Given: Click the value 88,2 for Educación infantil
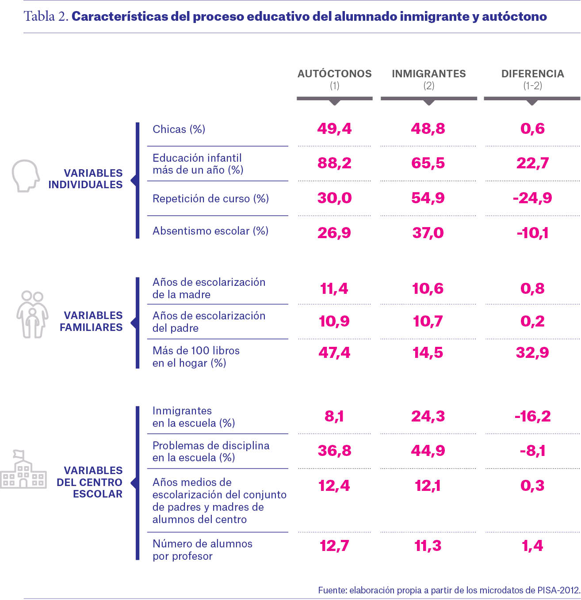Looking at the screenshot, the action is [334, 163].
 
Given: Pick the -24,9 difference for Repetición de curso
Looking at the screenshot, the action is [532, 198].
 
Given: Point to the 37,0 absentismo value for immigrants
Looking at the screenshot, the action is [428, 233].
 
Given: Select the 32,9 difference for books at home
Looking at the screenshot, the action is [532, 353].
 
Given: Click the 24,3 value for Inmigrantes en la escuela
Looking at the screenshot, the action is [428, 416].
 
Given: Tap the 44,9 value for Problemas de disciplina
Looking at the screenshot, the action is [428, 451].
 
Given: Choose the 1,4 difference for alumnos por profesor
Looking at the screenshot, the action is [532, 546].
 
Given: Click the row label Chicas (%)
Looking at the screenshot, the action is [179, 129].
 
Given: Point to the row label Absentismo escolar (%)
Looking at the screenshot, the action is [210, 231].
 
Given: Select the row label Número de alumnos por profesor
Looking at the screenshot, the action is [203, 550].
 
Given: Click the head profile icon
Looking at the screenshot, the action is [26, 176].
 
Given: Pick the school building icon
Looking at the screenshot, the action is [23, 469].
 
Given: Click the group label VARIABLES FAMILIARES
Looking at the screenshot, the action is [91, 321].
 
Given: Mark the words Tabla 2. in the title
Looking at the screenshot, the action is [46, 16].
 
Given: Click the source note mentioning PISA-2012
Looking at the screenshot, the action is [449, 590].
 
